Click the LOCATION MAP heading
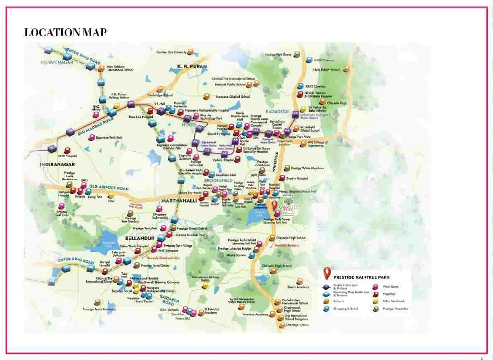tap(65, 32)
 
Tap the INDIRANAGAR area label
tap(57, 164)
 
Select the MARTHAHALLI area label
tap(179, 201)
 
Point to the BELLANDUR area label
tap(139, 238)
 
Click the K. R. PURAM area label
tap(192, 66)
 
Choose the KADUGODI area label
tap(277, 112)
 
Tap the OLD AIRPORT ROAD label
tap(109, 187)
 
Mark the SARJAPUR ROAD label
tap(170, 300)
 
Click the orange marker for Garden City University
tap(190, 52)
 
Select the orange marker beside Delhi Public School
tap(346, 69)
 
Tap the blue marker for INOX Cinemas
tap(309, 60)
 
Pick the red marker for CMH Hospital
tap(67, 151)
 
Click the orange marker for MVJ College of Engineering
tap(303, 144)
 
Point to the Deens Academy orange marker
tap(300, 281)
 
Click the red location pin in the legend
tap(327, 273)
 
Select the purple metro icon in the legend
tap(326, 287)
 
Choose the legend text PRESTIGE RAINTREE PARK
tap(361, 277)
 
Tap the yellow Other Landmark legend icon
tap(376, 301)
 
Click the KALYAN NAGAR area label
tap(57, 62)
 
